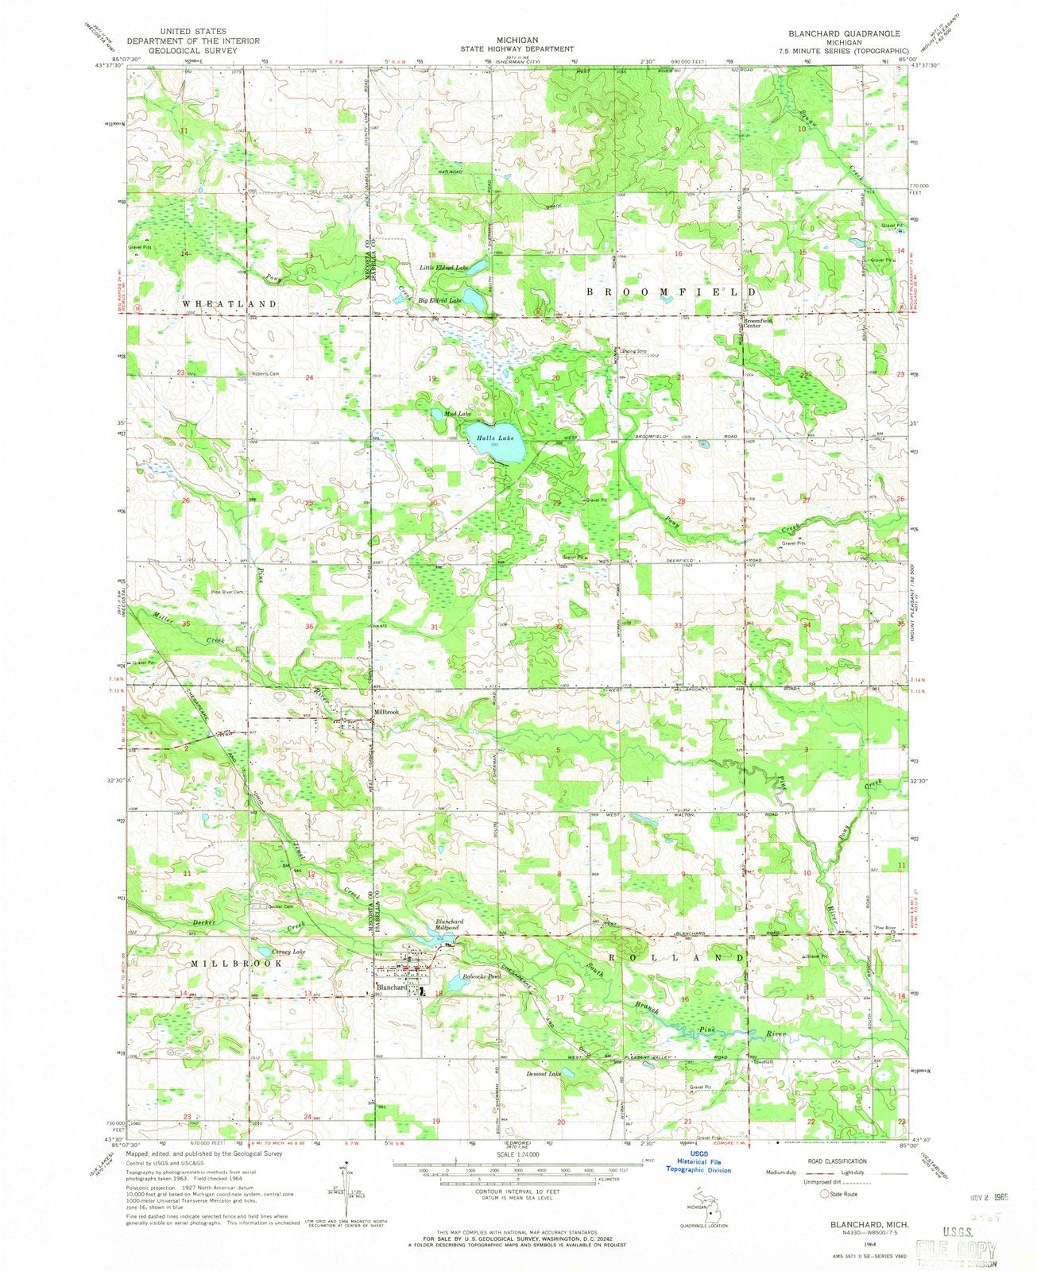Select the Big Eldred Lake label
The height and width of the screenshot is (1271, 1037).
tap(440, 301)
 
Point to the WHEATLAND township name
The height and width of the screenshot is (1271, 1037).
tap(219, 304)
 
